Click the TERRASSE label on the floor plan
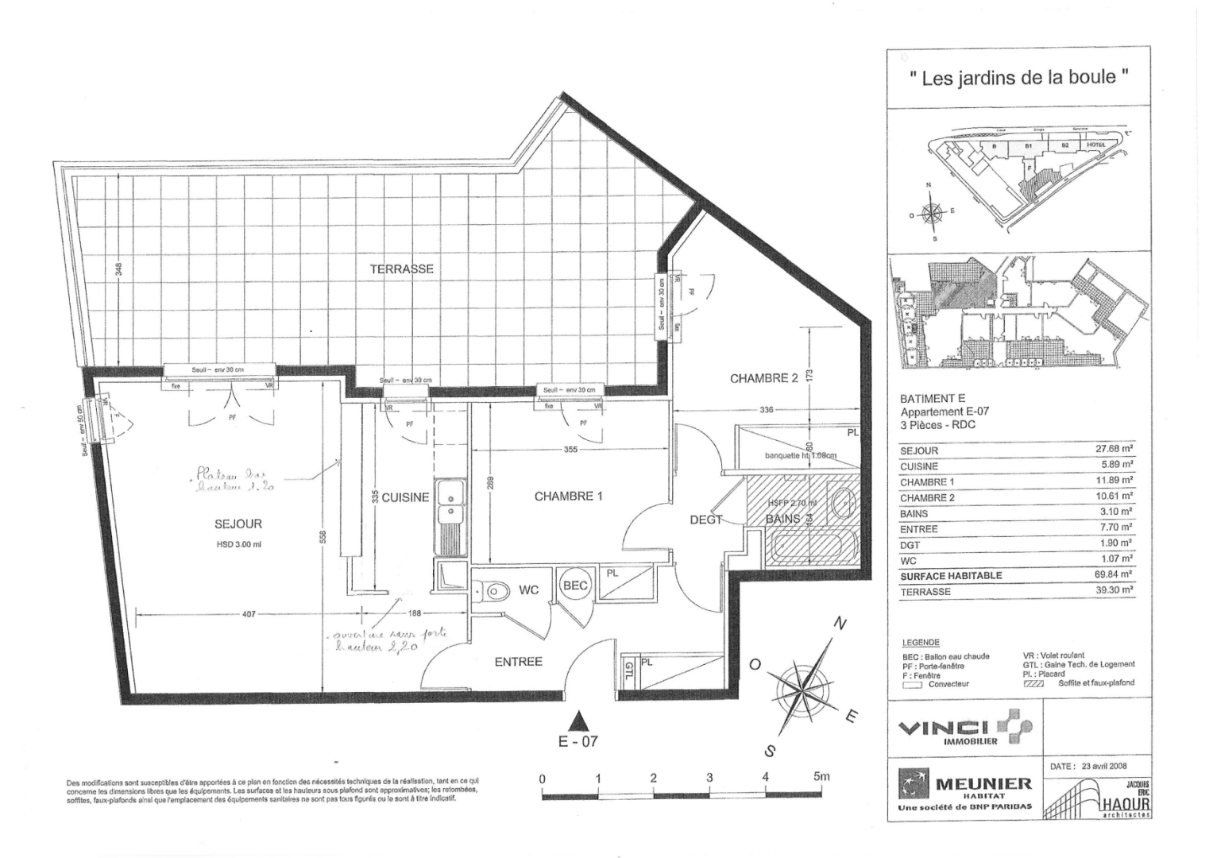pyautogui.click(x=401, y=269)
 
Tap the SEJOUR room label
pyautogui.click(x=238, y=524)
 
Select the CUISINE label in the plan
pyautogui.click(x=405, y=498)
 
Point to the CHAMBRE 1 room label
pyautogui.click(x=568, y=497)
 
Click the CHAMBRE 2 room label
pyautogui.click(x=763, y=379)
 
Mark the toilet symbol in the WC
pyautogui.click(x=493, y=590)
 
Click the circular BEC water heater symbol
pyautogui.click(x=575, y=586)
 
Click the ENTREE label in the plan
pyautogui.click(x=518, y=662)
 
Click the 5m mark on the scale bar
pyautogui.click(x=821, y=778)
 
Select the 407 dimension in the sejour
pyautogui.click(x=249, y=614)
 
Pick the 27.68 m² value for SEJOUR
pyautogui.click(x=1113, y=450)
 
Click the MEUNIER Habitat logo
pyautogui.click(x=965, y=789)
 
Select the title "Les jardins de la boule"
pyautogui.click(x=1018, y=78)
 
